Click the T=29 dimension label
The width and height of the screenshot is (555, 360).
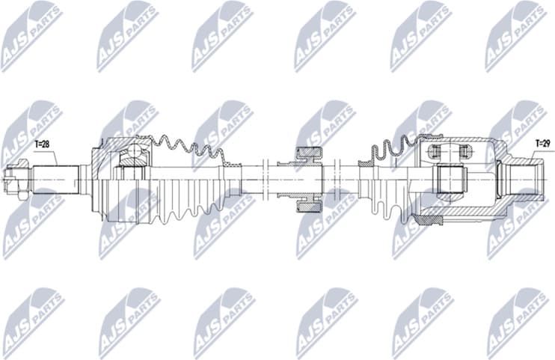point(542,142)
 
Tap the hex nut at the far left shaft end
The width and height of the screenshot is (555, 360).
point(12,180)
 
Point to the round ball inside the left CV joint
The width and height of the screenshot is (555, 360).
point(134,156)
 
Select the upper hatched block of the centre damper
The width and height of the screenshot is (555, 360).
point(309,153)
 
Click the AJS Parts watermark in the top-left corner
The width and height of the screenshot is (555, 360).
point(30,34)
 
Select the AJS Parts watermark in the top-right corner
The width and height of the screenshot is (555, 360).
point(516,34)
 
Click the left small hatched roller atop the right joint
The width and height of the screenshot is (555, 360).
point(433,152)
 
